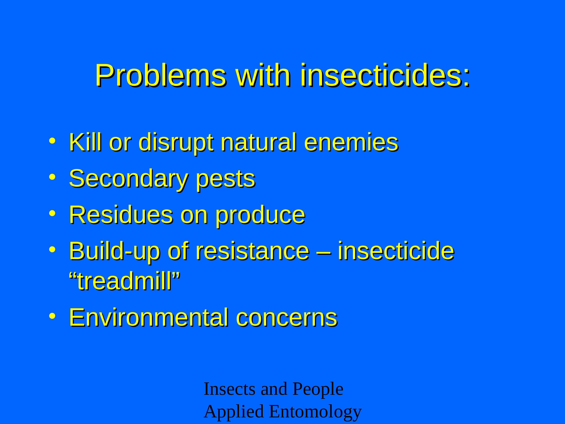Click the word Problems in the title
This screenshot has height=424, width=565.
[161, 76]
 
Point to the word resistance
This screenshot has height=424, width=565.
[253, 251]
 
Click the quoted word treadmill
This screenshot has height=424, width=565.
[125, 281]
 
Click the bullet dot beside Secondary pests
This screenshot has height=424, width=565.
[52, 177]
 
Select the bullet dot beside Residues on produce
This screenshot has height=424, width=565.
[52, 213]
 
